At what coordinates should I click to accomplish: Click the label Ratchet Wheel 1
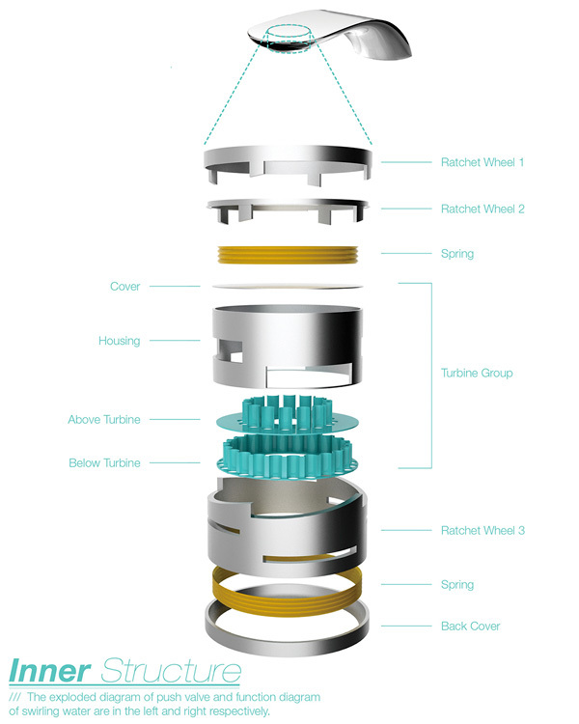tap(482, 162)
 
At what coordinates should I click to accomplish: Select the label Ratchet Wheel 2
tap(482, 209)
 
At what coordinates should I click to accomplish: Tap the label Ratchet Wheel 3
tap(482, 530)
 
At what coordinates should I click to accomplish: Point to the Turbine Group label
tap(477, 373)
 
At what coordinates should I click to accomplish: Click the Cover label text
tap(125, 287)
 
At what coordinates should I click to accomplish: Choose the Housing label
tap(119, 341)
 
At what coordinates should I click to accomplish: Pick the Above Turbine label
tap(104, 420)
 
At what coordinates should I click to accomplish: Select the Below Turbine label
tap(104, 463)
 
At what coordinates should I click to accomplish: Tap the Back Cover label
tap(470, 627)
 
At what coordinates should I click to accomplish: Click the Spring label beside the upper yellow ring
tap(456, 254)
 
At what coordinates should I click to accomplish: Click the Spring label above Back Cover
tap(456, 585)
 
